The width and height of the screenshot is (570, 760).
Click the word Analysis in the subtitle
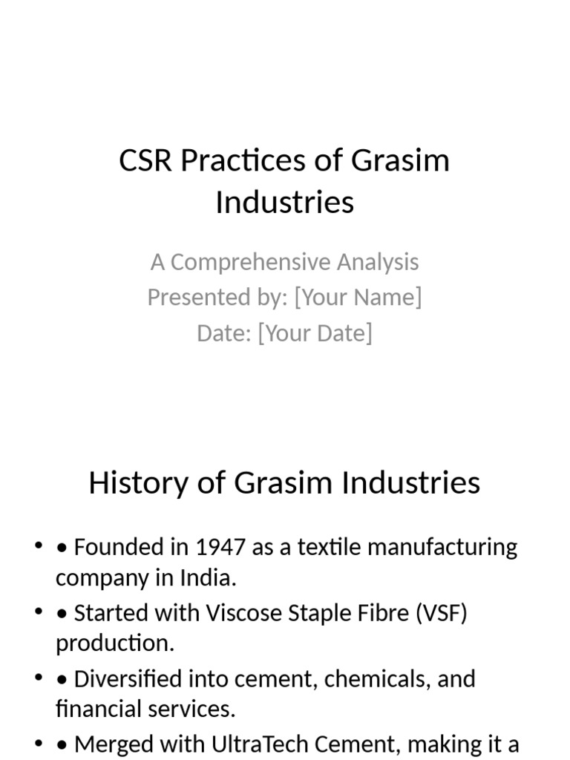coord(378,262)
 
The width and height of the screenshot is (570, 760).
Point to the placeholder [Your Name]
coord(358,297)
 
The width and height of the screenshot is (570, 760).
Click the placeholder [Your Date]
coord(315,332)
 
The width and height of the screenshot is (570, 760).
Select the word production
coord(115,643)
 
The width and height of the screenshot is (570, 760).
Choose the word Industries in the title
coord(284,202)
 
